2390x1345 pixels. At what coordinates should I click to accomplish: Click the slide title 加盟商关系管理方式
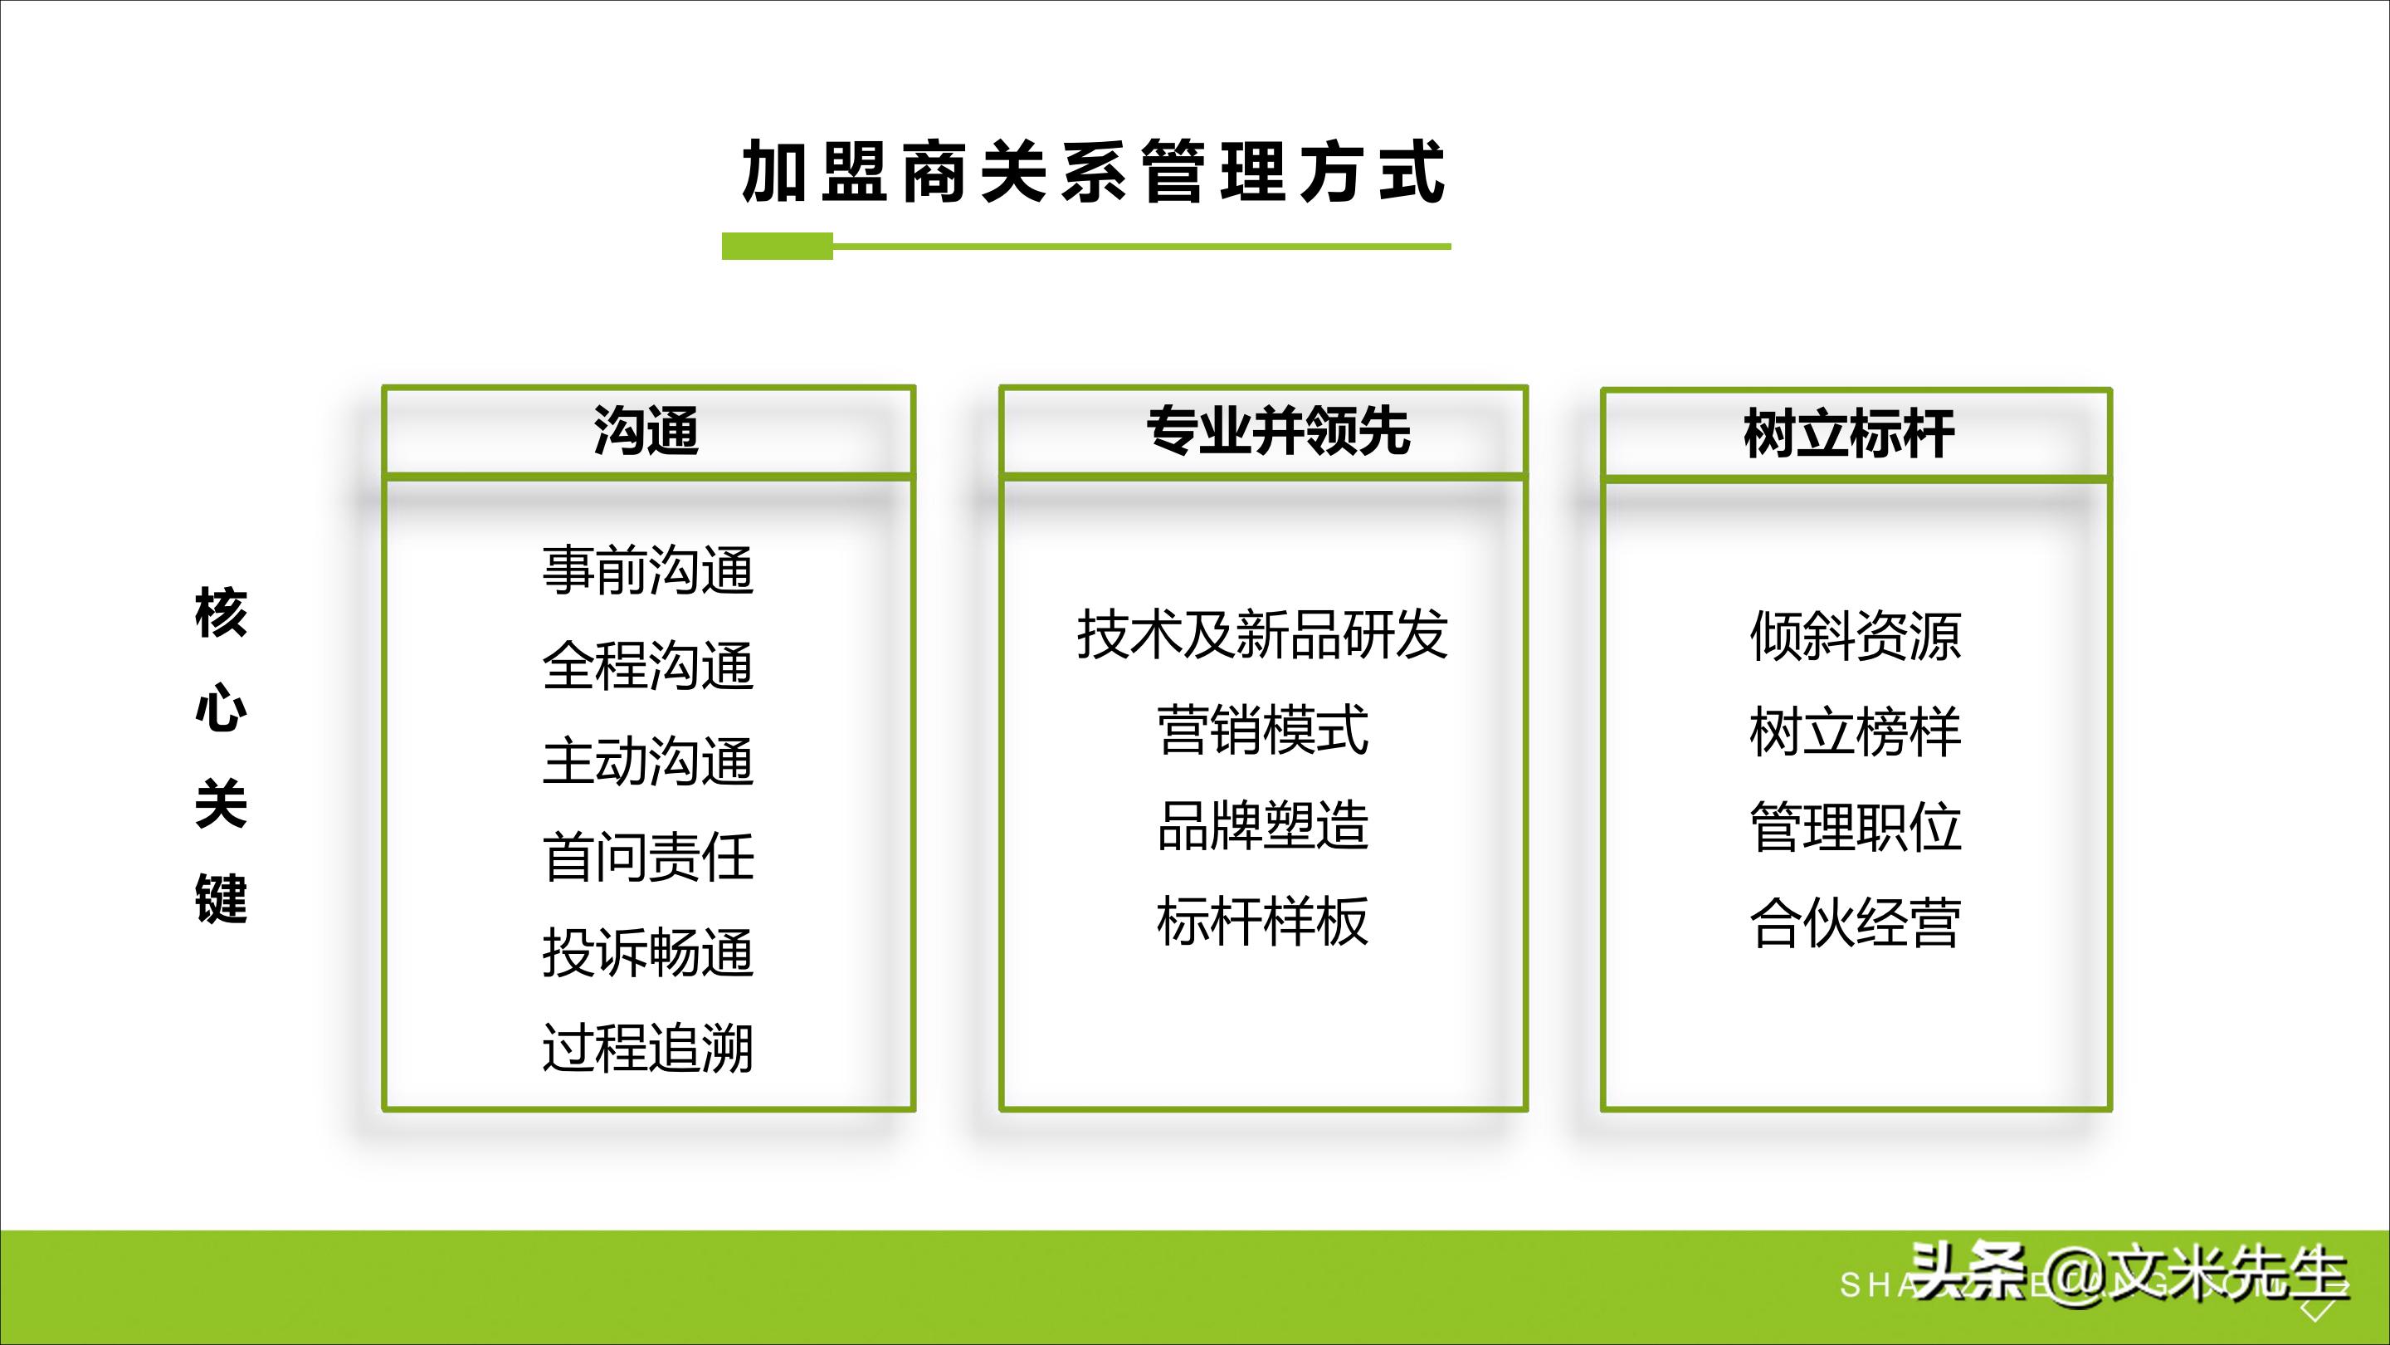pos(1093,172)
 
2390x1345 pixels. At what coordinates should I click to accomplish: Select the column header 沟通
pos(646,432)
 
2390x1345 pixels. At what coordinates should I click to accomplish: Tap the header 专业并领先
pos(1279,432)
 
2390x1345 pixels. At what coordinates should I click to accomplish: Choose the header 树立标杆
pos(1849,433)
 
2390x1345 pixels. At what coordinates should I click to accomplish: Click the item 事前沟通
pos(647,570)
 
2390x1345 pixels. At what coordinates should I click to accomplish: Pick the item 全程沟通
pos(647,666)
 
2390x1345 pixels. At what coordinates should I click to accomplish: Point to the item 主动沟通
pos(647,761)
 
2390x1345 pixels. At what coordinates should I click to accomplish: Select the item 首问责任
pos(647,857)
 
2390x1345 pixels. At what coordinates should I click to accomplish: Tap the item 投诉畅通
pos(647,952)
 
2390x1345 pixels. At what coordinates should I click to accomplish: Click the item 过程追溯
pos(647,1048)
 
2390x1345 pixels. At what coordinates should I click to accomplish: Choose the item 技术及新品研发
pos(1261,635)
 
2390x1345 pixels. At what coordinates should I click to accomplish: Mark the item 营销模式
pos(1261,730)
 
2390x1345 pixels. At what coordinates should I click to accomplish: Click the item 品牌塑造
pos(1261,825)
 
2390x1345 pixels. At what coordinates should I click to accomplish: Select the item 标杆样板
pos(1261,921)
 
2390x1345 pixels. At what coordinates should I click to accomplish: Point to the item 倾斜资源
pos(1855,637)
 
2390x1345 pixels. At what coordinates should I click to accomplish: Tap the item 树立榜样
pos(1855,732)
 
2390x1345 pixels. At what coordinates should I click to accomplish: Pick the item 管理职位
pos(1855,827)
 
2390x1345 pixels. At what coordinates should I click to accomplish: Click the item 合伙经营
pos(1855,922)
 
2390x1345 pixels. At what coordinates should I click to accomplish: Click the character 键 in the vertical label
pos(221,898)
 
